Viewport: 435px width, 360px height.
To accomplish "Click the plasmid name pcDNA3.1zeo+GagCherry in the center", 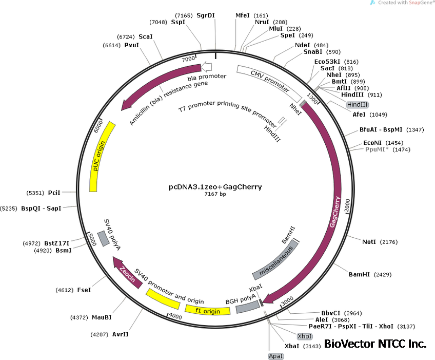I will [215, 187].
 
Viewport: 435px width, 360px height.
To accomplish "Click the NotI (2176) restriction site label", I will [369, 241].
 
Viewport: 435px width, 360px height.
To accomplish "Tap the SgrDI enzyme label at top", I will [205, 15].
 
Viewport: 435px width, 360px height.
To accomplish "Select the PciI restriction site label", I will [54, 193].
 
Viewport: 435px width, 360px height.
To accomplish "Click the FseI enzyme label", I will [84, 290].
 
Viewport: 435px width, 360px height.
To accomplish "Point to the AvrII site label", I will [120, 334].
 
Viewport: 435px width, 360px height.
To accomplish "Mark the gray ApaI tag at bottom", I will [275, 356].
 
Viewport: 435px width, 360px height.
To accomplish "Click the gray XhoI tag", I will [305, 336].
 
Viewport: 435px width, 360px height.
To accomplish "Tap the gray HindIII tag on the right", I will [357, 104].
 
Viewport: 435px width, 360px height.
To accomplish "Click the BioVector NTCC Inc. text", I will [375, 344].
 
